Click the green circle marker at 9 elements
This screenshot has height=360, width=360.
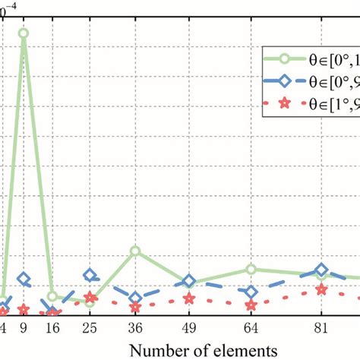tap(24, 33)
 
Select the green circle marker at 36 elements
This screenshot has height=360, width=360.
tap(135, 251)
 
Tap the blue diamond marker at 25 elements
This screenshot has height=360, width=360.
tap(90, 276)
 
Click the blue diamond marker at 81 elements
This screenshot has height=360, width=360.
tap(321, 270)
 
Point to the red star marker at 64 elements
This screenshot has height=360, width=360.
tap(251, 305)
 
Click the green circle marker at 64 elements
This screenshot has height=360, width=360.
tap(251, 269)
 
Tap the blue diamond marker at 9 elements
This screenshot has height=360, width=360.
tap(24, 280)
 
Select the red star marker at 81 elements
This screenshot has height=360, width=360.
tap(321, 289)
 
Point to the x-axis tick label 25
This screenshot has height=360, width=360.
tap(90, 329)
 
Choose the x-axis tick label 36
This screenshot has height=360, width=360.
tap(135, 329)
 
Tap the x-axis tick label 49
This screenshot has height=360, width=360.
tap(189, 329)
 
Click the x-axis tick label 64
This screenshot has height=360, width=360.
tap(251, 329)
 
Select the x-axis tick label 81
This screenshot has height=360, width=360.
tap(321, 329)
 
